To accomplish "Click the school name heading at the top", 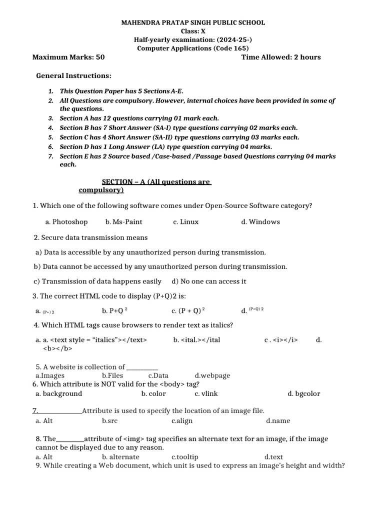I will pyautogui.click(x=193, y=22).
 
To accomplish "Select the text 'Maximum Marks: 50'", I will pyautogui.click(x=68, y=57).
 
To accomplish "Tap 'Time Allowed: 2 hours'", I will pyautogui.click(x=281, y=57).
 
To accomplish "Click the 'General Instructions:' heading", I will pyautogui.click(x=73, y=75).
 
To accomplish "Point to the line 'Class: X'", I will pyautogui.click(x=193, y=31).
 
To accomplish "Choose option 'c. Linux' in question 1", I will pyautogui.click(x=185, y=222).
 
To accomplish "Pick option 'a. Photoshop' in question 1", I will pyautogui.click(x=66, y=222).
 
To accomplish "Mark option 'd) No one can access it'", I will pyautogui.click(x=208, y=281).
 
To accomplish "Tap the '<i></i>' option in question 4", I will pyautogui.click(x=281, y=340).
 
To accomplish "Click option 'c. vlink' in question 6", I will pyautogui.click(x=206, y=393).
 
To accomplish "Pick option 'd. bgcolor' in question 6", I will pyautogui.click(x=303, y=393).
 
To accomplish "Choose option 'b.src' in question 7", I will pyautogui.click(x=109, y=421).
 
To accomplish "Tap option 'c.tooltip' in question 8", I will pyautogui.click(x=184, y=457).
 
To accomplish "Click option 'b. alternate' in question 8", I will pyautogui.click(x=120, y=457).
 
